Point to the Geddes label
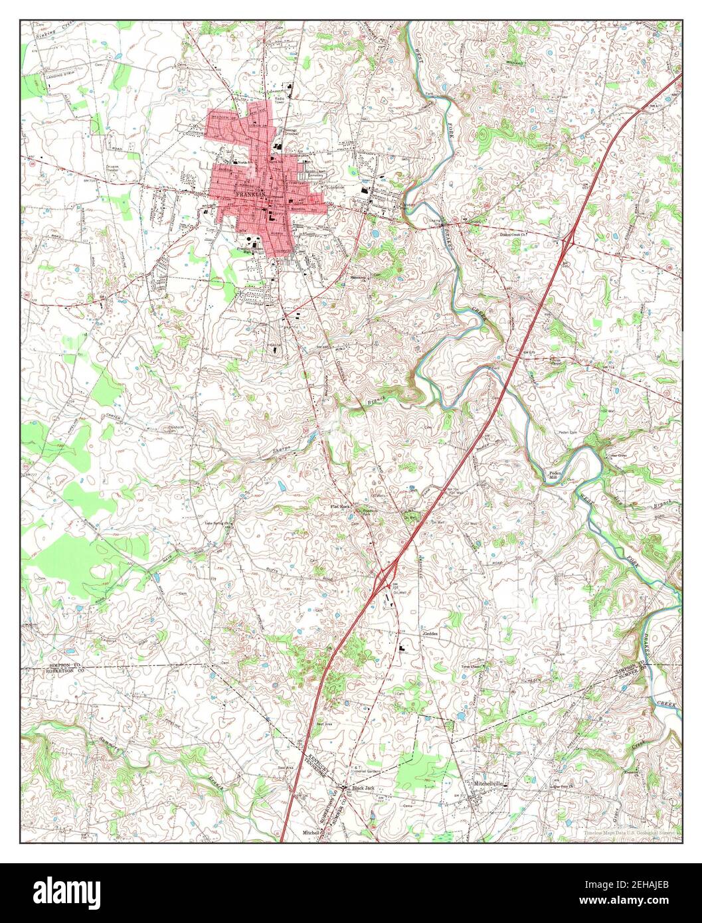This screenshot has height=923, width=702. pyautogui.click(x=431, y=633)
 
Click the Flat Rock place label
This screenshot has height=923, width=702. pyautogui.click(x=340, y=506)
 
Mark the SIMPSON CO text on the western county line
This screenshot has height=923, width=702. pyautogui.click(x=62, y=665)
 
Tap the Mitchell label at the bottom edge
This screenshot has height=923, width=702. pyautogui.click(x=311, y=832)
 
